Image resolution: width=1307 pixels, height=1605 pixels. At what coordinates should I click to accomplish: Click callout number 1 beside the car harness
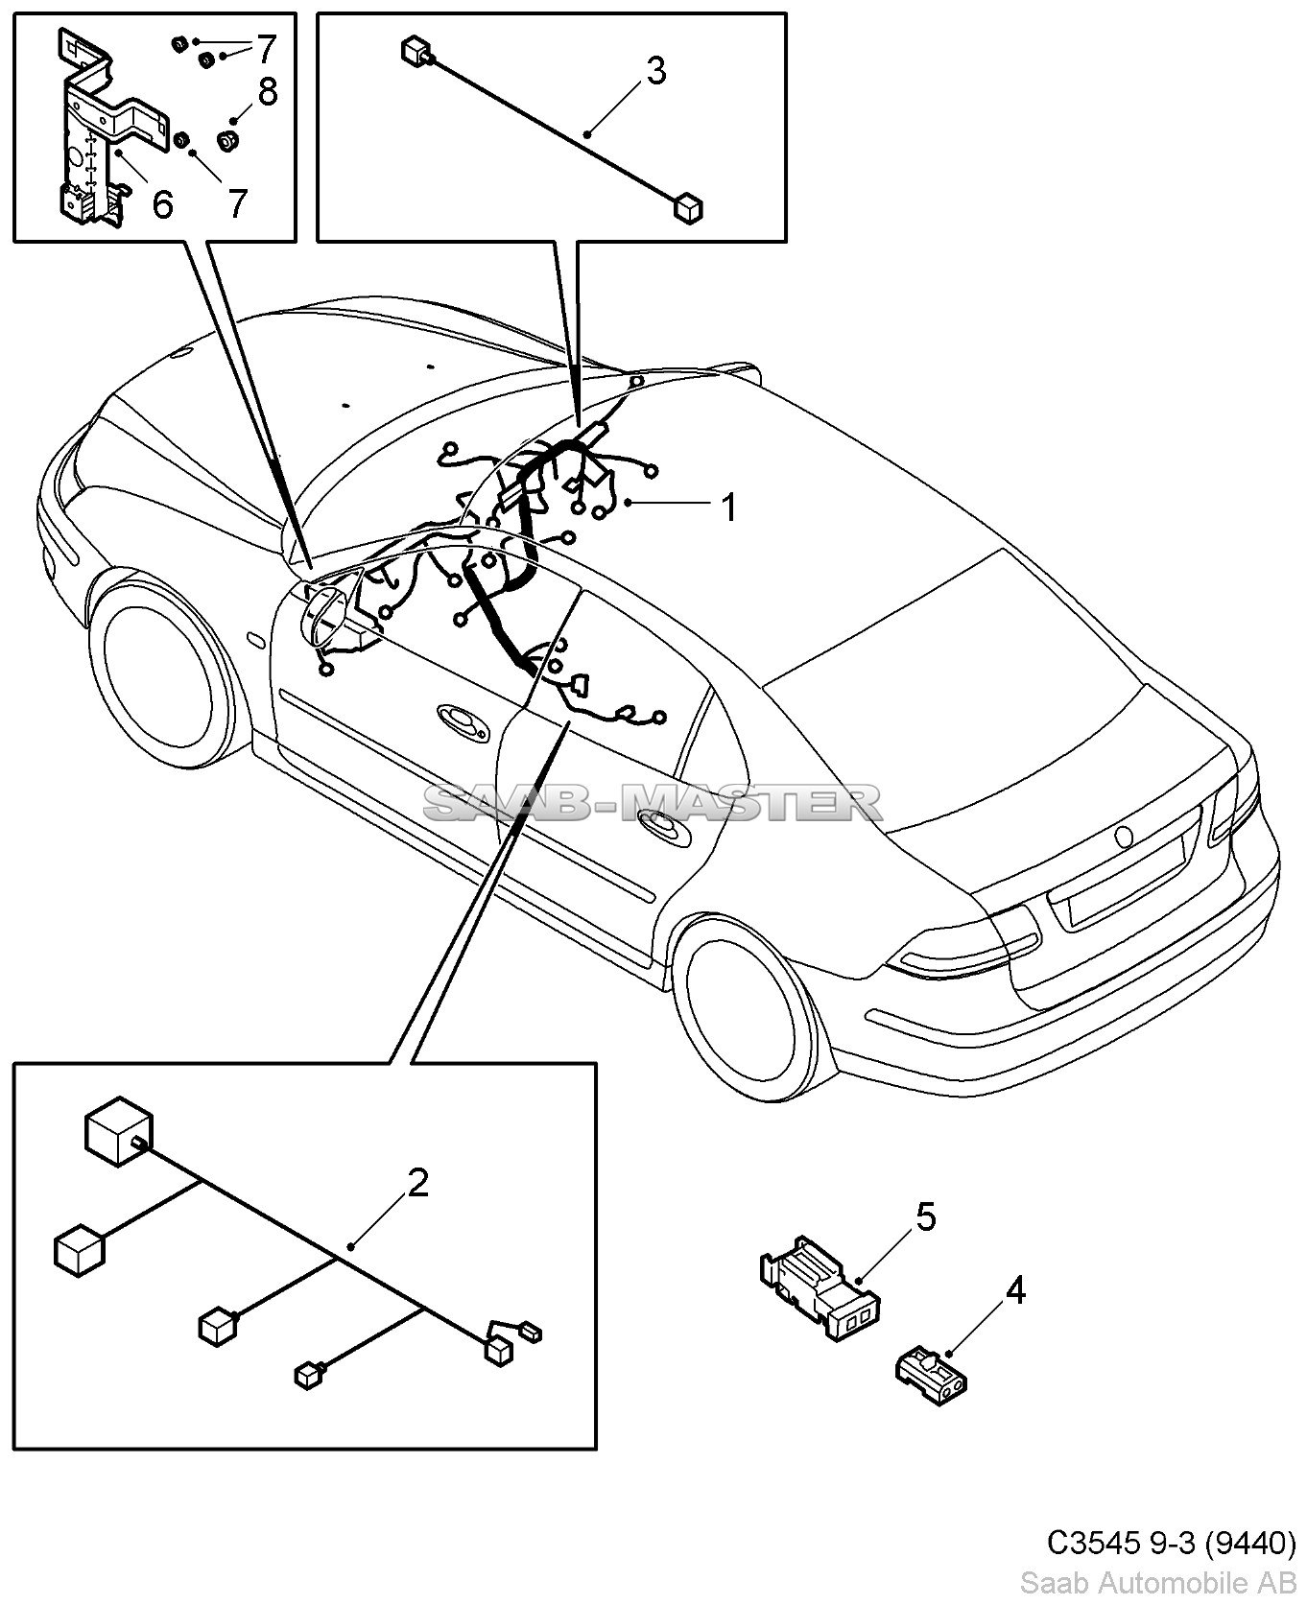tap(729, 507)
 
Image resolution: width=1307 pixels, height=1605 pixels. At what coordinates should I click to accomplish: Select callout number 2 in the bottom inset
tap(417, 1184)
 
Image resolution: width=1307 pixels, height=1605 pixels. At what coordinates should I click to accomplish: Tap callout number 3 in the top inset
tap(655, 70)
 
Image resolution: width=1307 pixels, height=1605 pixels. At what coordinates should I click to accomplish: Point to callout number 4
tap(1015, 1291)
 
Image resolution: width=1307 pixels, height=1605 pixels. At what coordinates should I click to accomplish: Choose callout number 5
tap(925, 1216)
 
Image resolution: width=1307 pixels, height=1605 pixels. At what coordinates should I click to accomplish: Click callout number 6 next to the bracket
tap(163, 203)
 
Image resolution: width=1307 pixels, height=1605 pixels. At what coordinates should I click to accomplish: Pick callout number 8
tap(267, 92)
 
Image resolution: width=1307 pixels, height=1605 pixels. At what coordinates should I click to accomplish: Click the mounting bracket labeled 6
tap(91, 134)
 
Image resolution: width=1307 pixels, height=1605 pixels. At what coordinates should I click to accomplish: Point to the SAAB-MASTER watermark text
tap(653, 802)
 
